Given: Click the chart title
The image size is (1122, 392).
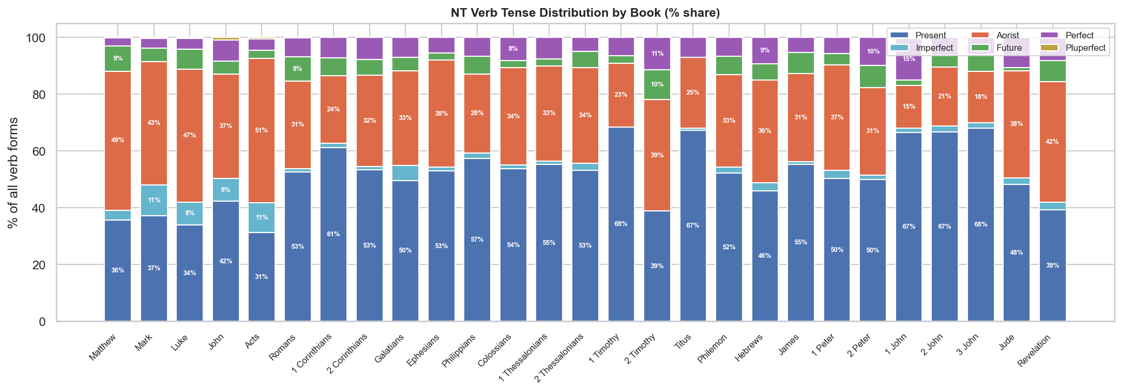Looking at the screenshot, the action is tap(585, 12).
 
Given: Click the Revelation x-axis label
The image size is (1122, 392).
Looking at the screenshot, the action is tap(1034, 351).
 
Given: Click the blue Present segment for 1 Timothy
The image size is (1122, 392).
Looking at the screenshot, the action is tap(621, 224).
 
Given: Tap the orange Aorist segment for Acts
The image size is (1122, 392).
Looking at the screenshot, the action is tap(262, 131).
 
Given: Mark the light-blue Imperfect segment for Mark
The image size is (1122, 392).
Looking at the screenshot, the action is tap(154, 201).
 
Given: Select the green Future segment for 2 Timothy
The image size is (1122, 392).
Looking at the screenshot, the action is tap(657, 85).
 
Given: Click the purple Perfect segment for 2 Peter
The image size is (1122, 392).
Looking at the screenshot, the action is tap(873, 52).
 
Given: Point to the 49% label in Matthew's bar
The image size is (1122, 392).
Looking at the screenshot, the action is tap(118, 140).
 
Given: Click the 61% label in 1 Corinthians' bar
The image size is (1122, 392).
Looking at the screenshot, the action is tap(333, 234).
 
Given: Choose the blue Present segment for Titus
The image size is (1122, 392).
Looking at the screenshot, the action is tap(693, 226).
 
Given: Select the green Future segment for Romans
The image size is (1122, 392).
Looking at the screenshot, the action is tap(298, 69).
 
